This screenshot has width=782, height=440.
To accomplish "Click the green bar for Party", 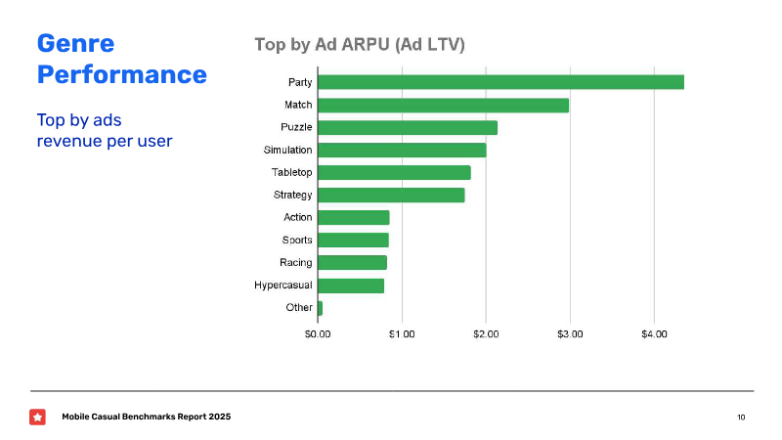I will [x=500, y=82].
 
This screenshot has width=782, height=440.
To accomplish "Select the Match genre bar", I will [x=443, y=105].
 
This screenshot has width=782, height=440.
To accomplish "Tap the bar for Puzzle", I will [x=408, y=127].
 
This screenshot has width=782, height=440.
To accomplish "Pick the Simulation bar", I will [x=402, y=150].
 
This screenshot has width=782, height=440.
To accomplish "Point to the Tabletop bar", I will [x=394, y=172].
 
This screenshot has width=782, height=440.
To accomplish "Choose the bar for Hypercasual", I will [x=351, y=286].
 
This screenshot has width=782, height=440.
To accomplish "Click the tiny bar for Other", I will [x=321, y=308].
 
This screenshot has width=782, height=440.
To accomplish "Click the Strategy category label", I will [x=292, y=195].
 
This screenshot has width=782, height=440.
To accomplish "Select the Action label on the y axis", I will [x=297, y=217].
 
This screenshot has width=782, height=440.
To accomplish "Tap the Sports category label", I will [x=297, y=240].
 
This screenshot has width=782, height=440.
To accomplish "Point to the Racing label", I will [x=295, y=262].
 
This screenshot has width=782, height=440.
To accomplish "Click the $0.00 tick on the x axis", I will [x=318, y=334].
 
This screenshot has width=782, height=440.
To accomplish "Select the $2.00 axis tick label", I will [x=486, y=334].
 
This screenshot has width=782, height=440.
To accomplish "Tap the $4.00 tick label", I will [x=654, y=334].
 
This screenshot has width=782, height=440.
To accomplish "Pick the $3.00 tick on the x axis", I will [x=570, y=334].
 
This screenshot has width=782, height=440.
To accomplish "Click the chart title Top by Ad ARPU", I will [x=359, y=44].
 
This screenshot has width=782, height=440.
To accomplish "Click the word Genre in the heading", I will [x=75, y=43].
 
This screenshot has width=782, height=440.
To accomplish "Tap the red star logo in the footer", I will [x=37, y=417].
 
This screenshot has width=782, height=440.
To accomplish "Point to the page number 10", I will [x=741, y=418].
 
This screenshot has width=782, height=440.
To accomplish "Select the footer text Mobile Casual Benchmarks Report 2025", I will [x=147, y=418].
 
